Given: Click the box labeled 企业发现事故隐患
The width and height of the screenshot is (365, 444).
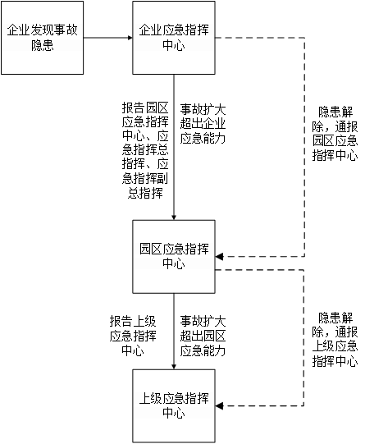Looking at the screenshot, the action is tap(42, 38).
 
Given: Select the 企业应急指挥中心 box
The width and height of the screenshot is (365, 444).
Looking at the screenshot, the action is tap(174, 38).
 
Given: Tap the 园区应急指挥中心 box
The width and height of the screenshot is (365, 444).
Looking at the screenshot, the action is tap(174, 257).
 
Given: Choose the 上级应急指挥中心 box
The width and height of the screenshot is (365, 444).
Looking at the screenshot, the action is tap(174, 406).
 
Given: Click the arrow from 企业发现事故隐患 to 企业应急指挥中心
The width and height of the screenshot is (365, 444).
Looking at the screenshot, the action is tap(108, 38).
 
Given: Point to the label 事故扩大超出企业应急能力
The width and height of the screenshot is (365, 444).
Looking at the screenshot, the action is tap(203, 124).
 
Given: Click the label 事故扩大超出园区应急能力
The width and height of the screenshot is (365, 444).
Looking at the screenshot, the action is tap(203, 336).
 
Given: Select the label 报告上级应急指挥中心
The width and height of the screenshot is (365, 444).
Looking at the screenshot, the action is tap(133, 336).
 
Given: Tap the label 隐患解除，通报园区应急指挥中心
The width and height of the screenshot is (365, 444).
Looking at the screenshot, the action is tap(335, 134).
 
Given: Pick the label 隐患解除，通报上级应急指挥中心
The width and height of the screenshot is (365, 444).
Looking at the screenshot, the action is tap(335, 340).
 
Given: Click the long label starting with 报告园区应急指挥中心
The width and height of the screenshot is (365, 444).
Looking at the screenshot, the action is tap(145, 150).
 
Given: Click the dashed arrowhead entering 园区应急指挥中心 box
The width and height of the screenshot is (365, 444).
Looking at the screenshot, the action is tap(219, 257).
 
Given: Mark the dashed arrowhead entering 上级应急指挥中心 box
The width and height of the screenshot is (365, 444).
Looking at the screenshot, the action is tap(219, 406).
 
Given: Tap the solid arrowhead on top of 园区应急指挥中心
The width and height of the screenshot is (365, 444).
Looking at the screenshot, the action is tap(174, 217).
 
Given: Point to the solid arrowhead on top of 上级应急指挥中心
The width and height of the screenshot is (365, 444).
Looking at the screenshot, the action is tap(174, 367).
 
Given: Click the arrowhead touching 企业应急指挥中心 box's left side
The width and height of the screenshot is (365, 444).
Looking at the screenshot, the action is tap(130, 38).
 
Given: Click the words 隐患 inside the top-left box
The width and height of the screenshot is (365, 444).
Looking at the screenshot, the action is tap(42, 45).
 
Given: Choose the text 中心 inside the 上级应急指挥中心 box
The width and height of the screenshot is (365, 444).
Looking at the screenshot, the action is tap(174, 413).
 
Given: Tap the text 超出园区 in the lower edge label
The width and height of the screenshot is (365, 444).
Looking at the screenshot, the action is tap(203, 336).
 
